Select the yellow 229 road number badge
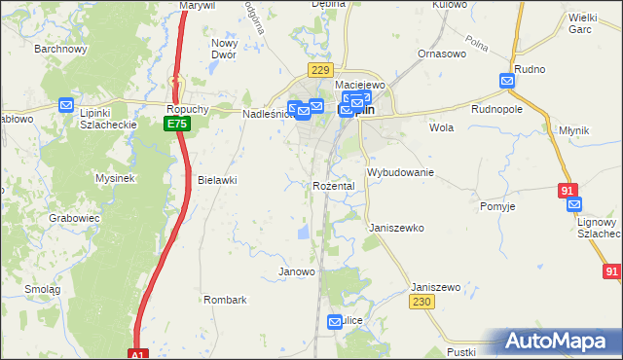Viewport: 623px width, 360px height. [x=320, y=70]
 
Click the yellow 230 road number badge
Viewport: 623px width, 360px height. [x=421, y=303]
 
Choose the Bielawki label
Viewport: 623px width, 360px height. [x=217, y=180]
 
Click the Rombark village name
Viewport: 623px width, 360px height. [x=225, y=300]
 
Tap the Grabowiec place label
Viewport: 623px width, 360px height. [x=75, y=218]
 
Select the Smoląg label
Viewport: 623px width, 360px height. [x=43, y=290]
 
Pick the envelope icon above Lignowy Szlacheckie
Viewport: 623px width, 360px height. [x=574, y=204]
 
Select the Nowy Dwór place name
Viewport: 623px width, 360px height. [x=225, y=50]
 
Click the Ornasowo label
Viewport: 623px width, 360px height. [x=437, y=54]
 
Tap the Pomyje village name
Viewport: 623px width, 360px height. [x=497, y=206]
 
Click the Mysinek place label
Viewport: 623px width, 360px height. [x=114, y=178]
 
